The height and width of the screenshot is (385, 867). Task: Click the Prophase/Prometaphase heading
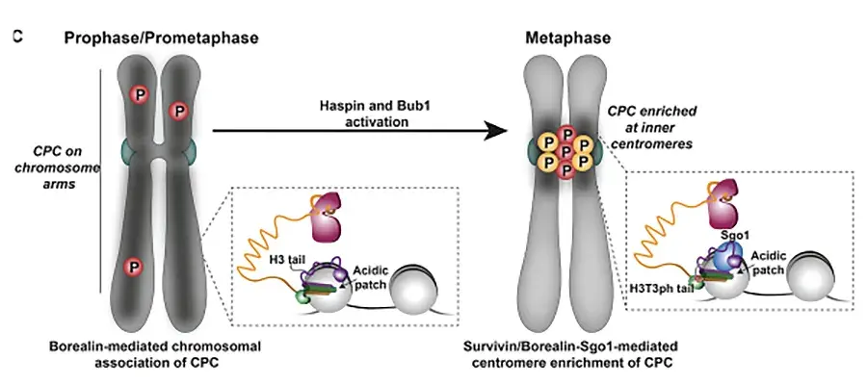tap(161, 38)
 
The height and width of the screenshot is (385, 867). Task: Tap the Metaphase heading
tap(567, 38)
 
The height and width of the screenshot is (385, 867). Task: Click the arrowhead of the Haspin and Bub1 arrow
tap(495, 131)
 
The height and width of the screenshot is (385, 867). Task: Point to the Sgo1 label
tap(732, 234)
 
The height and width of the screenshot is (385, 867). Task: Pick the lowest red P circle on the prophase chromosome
tap(133, 267)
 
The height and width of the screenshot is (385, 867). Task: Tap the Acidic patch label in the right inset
tap(768, 263)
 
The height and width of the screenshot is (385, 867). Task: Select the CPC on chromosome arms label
tap(55, 167)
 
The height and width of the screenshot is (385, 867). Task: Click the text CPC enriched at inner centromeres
tap(652, 128)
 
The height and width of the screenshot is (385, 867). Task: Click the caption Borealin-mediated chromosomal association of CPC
tap(155, 354)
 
